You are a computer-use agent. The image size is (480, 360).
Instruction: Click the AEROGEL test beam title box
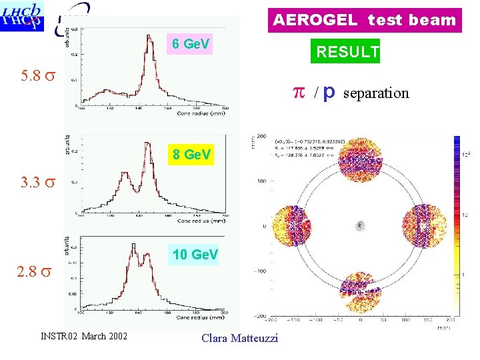(365, 20)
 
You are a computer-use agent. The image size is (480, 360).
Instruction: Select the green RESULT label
(347, 51)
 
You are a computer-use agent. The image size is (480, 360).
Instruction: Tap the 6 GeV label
(190, 44)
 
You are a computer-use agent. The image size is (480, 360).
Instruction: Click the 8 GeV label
(191, 155)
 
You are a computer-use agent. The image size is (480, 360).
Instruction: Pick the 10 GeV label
(195, 255)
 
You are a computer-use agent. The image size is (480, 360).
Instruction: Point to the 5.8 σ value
(37, 75)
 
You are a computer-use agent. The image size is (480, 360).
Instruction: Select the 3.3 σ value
(37, 181)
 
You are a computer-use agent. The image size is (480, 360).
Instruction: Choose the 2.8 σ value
(36, 272)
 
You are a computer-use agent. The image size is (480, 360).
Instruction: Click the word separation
(377, 93)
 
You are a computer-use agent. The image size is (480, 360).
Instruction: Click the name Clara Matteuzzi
(239, 339)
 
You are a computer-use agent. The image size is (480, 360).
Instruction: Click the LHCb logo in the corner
(22, 16)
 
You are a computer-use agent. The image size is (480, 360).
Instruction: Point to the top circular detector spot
(360, 157)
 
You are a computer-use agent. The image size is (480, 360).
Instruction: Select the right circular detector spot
(423, 225)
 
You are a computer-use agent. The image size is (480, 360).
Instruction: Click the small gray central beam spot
(360, 225)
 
